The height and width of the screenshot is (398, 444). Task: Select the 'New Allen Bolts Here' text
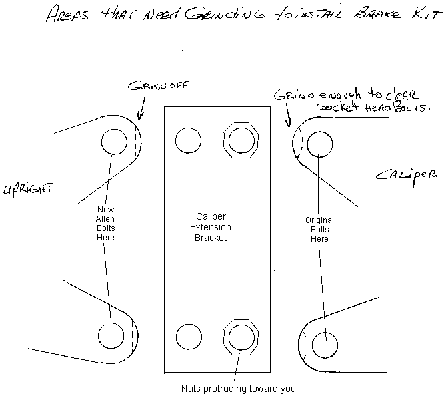pos(106,223)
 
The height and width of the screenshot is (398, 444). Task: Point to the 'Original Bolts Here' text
pos(319,230)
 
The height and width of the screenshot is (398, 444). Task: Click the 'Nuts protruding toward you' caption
pos(238,389)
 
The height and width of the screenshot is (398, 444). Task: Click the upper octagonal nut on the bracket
pos(240,140)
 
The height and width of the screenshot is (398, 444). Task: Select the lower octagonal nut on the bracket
pos(240,337)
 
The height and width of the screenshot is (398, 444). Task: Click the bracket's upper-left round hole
pos(188,140)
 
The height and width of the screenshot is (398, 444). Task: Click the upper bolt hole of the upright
pos(114,142)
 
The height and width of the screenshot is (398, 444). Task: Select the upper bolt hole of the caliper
pos(321,144)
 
